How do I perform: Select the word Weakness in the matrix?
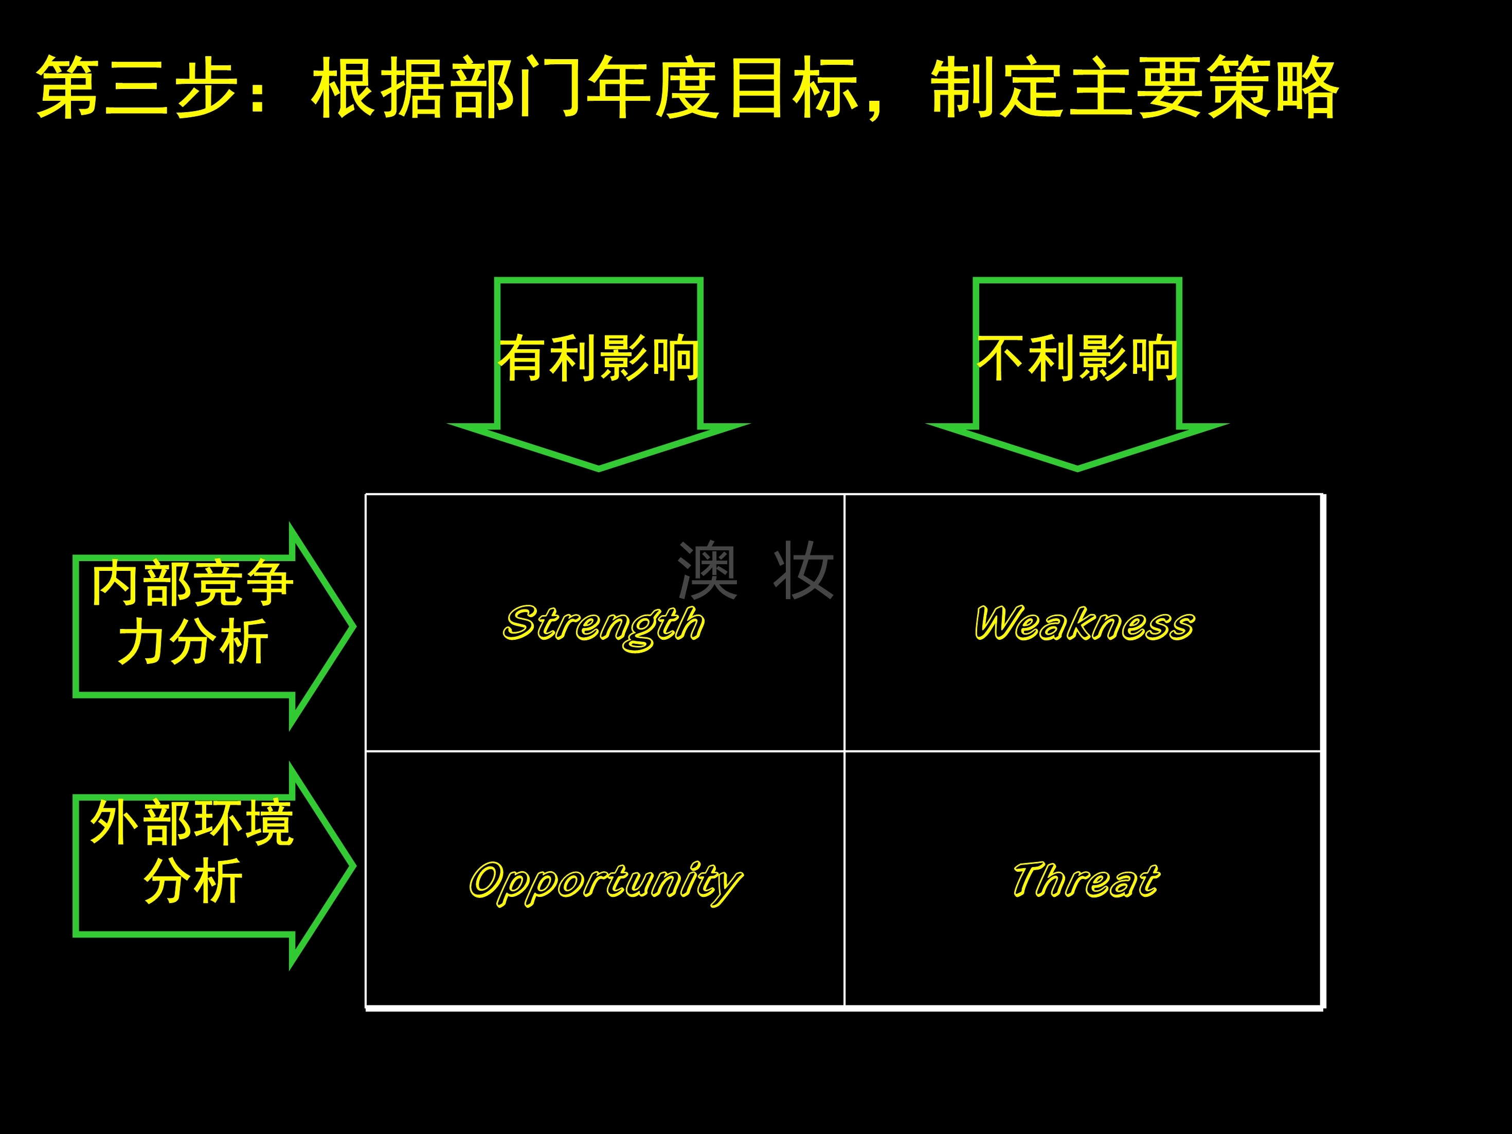[x=1084, y=623]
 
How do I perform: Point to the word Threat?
[x=1086, y=880]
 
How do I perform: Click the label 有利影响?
[x=599, y=358]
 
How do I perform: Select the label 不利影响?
[x=1077, y=358]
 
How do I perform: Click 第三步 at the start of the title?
[x=137, y=88]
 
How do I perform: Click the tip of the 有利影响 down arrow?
[x=599, y=469]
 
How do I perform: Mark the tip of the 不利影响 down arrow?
[x=1077, y=469]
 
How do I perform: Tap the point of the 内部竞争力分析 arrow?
[x=354, y=626]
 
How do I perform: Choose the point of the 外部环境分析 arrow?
[x=354, y=866]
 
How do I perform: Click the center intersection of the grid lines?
[x=845, y=751]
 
